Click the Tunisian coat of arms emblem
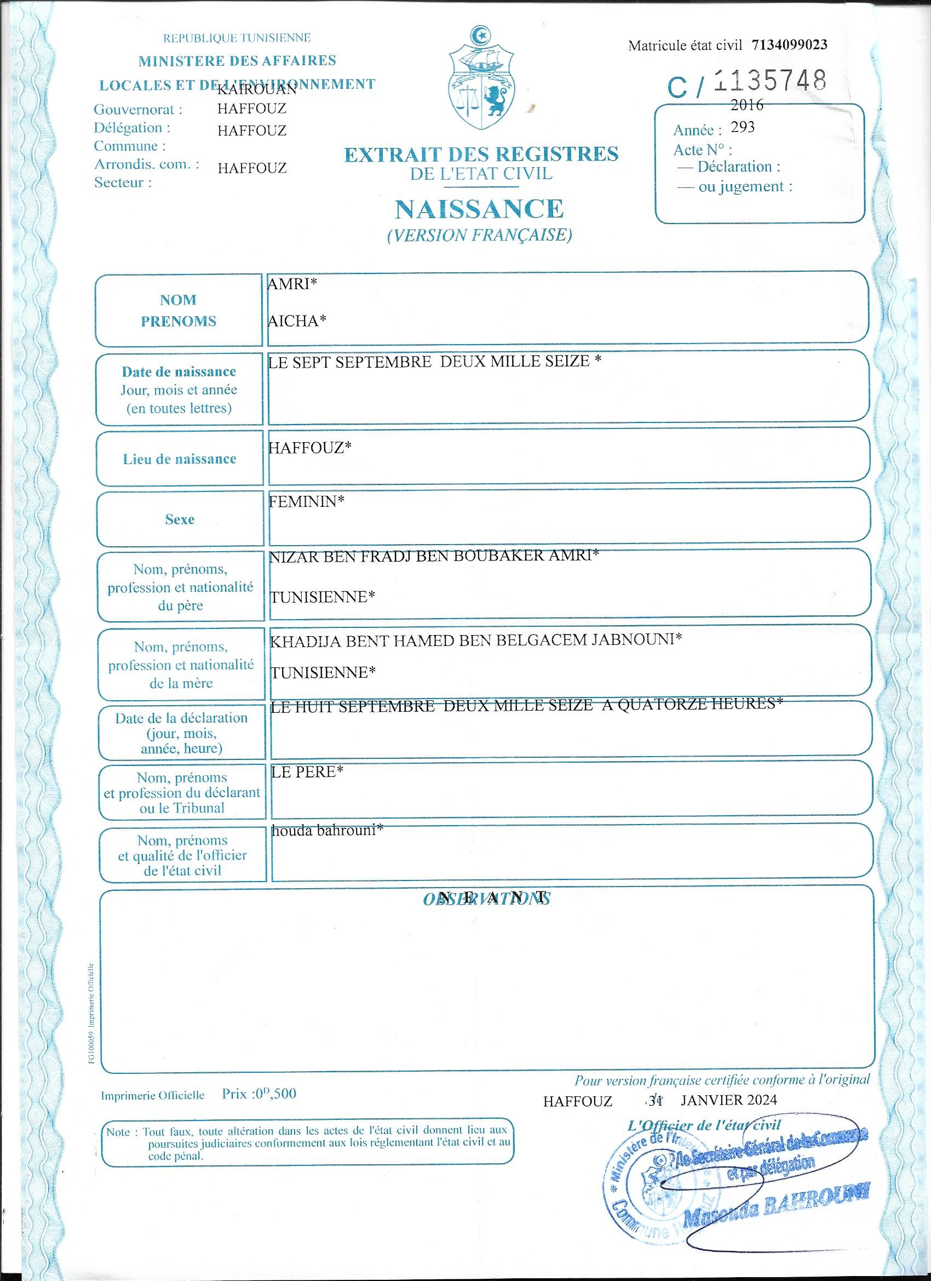(481, 79)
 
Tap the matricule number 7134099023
(789, 44)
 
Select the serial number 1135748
(770, 82)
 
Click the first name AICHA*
(297, 321)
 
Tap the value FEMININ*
(307, 501)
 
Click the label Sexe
(180, 519)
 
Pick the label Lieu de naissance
(180, 459)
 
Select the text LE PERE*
(307, 771)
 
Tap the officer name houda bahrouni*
(327, 830)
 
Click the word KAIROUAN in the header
(257, 89)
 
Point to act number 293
(743, 127)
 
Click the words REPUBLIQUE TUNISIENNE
(237, 38)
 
